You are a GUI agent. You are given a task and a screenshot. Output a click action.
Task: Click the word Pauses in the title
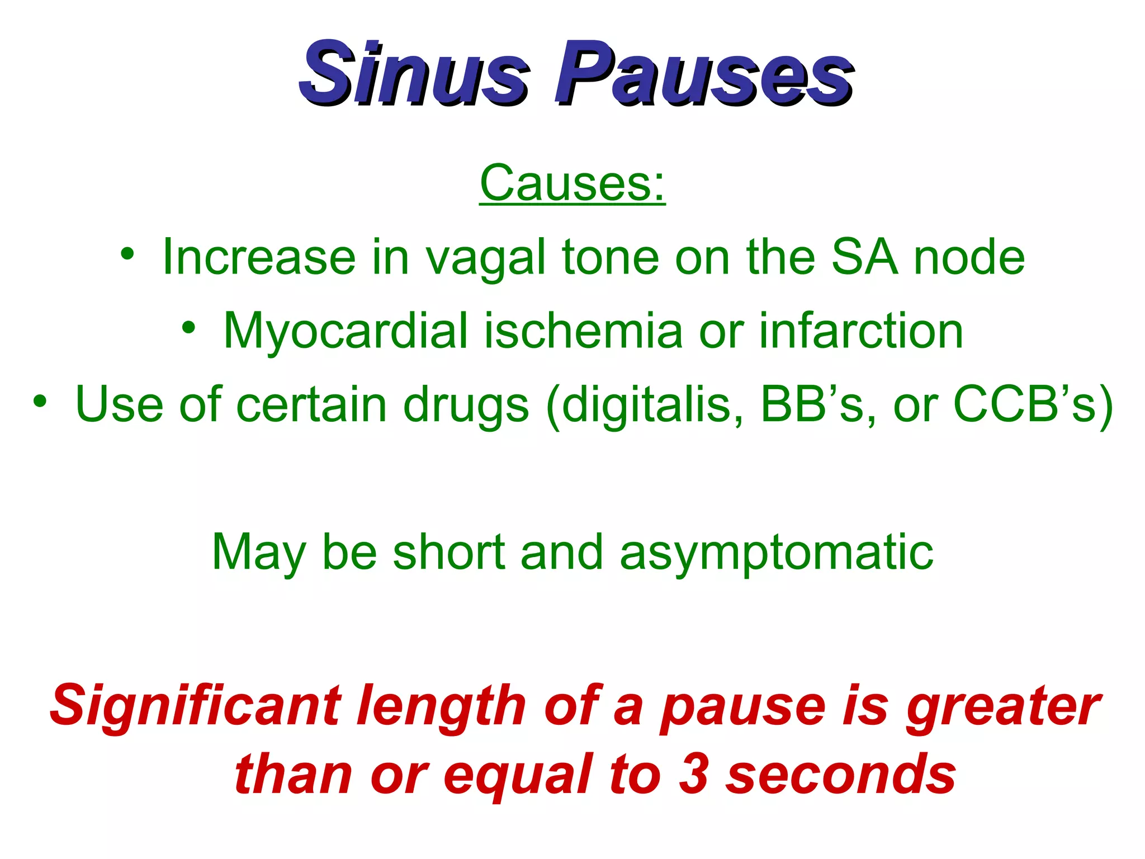click(703, 74)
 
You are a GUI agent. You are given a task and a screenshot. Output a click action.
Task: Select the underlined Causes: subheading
click(572, 183)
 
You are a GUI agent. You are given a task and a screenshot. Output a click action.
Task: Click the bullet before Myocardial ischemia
click(189, 327)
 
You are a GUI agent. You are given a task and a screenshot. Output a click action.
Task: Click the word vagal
click(485, 258)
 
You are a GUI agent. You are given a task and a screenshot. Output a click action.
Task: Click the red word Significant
click(196, 706)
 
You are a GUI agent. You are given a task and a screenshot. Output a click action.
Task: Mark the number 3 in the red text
click(694, 774)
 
